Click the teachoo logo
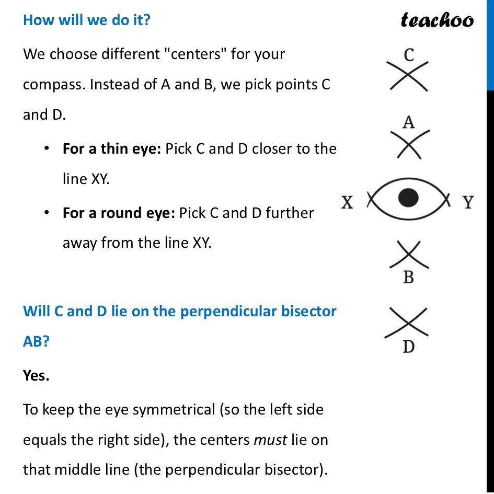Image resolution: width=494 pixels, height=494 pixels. [x=437, y=20]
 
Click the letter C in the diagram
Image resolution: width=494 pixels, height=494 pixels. [x=409, y=54]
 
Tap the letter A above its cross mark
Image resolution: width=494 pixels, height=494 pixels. [x=408, y=122]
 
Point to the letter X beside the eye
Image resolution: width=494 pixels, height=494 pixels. [x=347, y=202]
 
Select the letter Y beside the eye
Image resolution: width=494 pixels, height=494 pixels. [x=468, y=202]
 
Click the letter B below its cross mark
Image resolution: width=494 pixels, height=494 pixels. [x=408, y=278]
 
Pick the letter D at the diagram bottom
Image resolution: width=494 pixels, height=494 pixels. [x=408, y=346]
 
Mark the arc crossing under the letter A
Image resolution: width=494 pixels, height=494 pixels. [x=408, y=143]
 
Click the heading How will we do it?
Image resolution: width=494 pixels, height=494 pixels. [x=86, y=21]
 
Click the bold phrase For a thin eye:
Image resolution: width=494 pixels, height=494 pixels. [x=111, y=149]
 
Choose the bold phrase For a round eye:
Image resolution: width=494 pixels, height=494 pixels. [x=118, y=213]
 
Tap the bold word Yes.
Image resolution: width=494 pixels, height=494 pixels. [x=36, y=375]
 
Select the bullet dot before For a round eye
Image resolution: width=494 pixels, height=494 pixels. [x=47, y=213]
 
